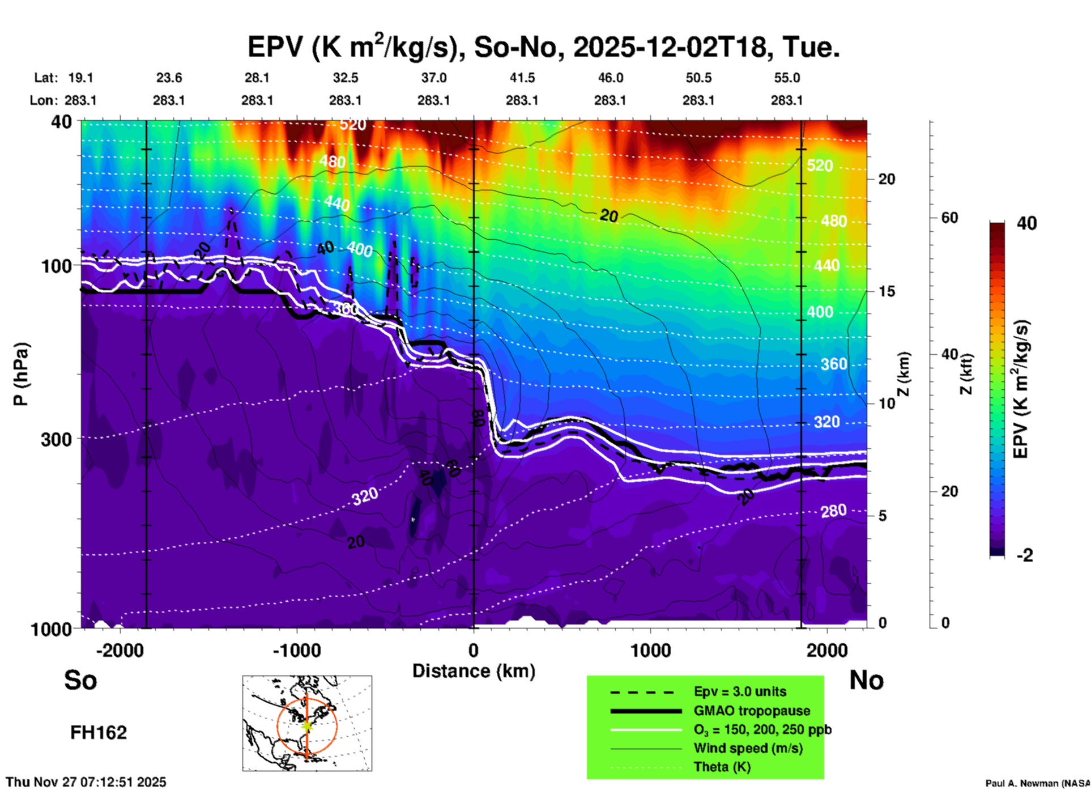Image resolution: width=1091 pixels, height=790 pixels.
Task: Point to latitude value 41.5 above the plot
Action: [522, 78]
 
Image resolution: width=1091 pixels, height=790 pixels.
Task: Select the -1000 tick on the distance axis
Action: [297, 650]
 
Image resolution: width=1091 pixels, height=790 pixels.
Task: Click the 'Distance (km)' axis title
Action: [474, 671]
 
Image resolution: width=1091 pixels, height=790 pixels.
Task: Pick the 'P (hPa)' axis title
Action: [21, 374]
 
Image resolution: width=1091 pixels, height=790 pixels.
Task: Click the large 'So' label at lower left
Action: [80, 679]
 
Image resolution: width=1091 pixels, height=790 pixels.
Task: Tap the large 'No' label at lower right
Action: [866, 679]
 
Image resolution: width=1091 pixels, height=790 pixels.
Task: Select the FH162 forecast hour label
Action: [99, 733]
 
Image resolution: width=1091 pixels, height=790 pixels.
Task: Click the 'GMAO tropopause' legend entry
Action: [752, 711]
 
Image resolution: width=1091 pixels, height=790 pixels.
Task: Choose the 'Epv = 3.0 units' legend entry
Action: [740, 691]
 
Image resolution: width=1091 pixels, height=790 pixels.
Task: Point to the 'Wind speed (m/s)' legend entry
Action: [748, 748]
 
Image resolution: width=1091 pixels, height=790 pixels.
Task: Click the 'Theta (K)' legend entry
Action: [722, 767]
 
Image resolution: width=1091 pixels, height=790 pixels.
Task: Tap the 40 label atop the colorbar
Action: [1026, 223]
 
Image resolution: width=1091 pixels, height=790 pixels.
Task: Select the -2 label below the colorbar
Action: [1025, 555]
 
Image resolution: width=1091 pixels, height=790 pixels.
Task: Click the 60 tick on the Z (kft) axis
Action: [949, 218]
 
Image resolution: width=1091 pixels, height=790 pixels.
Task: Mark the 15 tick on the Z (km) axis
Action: [887, 291]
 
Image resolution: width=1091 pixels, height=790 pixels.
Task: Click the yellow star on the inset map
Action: [307, 725]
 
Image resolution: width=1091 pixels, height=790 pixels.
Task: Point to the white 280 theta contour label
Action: [833, 511]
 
